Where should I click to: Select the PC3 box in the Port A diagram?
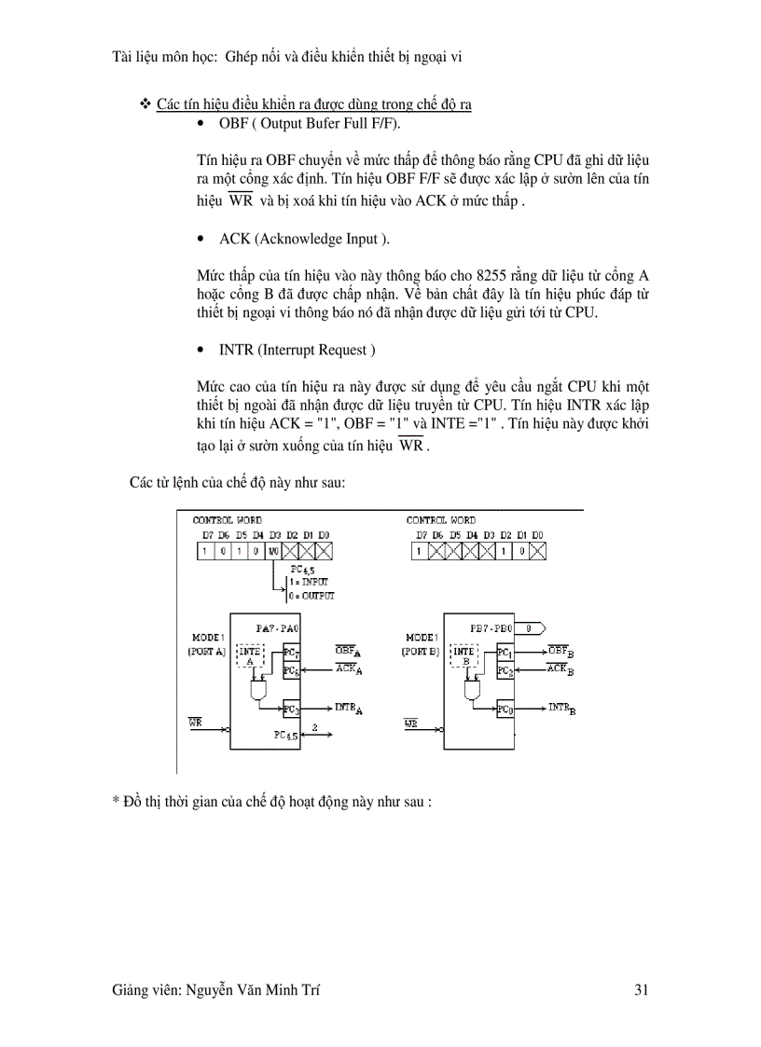290,709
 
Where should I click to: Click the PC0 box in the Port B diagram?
505,709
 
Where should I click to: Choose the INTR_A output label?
347,709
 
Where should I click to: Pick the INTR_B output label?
561,709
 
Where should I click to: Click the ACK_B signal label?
560,668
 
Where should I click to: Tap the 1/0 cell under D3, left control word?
274,551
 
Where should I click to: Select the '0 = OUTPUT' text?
311,595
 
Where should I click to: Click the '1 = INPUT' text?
308,581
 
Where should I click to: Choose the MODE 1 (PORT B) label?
422,643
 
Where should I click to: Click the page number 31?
641,991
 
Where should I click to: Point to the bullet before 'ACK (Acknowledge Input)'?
202,240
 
